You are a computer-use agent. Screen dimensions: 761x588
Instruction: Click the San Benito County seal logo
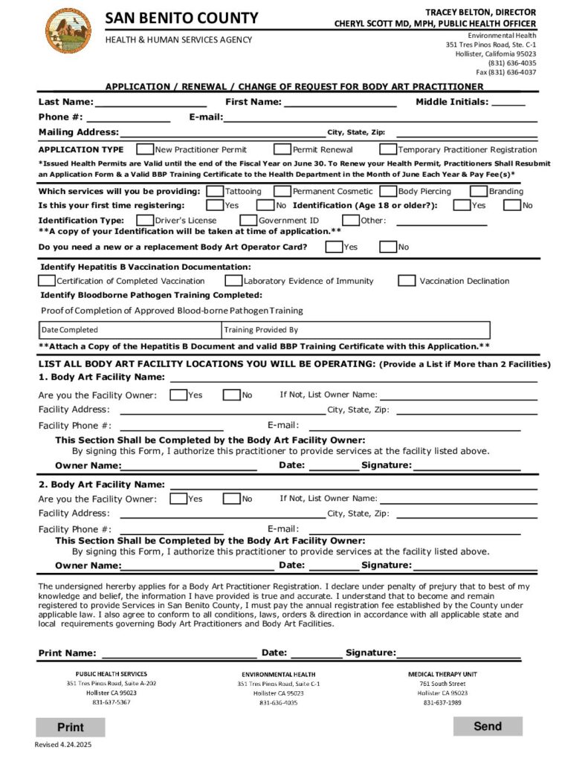[x=68, y=30]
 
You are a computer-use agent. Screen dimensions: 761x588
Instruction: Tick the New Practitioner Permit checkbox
[x=146, y=149]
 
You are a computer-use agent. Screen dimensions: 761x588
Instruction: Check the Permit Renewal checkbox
[x=282, y=149]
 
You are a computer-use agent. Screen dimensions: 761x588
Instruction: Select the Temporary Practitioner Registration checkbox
[x=388, y=149]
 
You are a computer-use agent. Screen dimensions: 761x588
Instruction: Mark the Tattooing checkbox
[x=215, y=191]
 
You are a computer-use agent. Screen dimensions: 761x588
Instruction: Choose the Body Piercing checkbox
[x=388, y=191]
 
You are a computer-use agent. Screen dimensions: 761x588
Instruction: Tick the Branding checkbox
[x=479, y=191]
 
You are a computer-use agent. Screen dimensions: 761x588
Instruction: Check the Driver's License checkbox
[x=144, y=220]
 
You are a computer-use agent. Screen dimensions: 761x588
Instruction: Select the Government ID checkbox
[x=248, y=220]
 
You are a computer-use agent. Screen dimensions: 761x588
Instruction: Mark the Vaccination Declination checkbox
[x=407, y=281]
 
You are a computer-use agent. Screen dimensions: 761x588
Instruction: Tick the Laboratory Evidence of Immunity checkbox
[x=233, y=281]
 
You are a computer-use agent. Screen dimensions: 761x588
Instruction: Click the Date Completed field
[x=130, y=330]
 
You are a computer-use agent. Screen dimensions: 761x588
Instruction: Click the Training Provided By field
[x=355, y=330]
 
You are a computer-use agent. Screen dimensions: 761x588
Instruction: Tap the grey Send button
[x=488, y=726]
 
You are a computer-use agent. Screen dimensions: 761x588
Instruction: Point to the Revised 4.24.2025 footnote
[x=63, y=745]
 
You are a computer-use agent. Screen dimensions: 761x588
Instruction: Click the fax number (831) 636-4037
[x=506, y=72]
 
